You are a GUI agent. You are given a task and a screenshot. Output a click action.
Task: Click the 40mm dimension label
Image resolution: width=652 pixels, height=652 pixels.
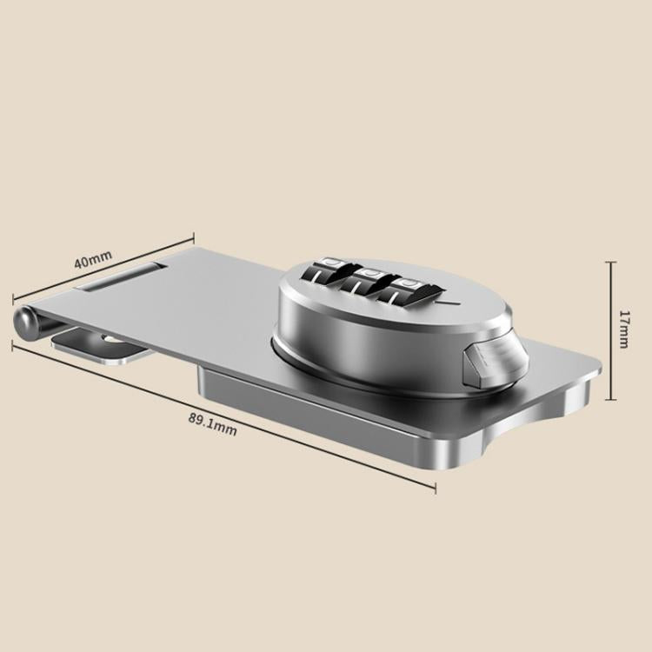[93, 258]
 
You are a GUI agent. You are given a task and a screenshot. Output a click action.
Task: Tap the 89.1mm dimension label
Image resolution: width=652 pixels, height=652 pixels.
[212, 422]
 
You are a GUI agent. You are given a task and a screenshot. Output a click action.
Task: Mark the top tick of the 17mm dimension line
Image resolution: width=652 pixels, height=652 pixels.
[611, 262]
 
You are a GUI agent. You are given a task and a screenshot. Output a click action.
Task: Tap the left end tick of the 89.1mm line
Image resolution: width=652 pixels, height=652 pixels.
[12, 344]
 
